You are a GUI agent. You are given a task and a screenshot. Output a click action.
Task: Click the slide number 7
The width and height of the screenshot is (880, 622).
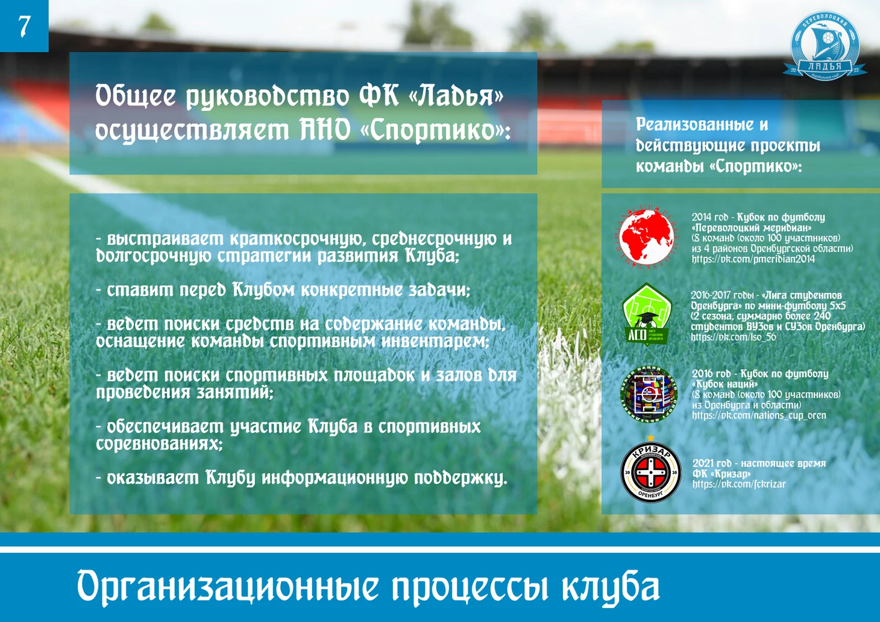[24, 26]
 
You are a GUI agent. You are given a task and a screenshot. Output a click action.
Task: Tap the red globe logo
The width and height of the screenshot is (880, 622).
[647, 237]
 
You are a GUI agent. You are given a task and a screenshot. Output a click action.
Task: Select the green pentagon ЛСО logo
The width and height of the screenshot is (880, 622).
[647, 314]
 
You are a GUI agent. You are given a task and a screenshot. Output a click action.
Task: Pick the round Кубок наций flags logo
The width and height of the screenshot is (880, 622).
[649, 394]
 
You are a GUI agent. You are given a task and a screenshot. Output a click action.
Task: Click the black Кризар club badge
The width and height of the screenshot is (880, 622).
[650, 473]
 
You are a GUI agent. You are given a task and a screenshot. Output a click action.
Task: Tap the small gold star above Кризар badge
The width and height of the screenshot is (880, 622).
[650, 438]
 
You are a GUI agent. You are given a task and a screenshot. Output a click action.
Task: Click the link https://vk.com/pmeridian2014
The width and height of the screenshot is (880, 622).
[753, 259]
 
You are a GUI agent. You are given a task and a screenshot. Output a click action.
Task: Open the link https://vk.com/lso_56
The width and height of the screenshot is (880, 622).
[734, 337]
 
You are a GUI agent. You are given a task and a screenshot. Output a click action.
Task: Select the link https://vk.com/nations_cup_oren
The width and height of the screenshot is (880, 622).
[759, 416]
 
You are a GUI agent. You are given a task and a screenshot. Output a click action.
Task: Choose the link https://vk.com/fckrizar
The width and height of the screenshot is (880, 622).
[739, 485]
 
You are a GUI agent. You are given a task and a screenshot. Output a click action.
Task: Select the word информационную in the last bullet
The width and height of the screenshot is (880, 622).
[335, 478]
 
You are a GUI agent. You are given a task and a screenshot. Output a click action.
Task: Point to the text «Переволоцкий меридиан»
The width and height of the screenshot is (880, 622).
[752, 228]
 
